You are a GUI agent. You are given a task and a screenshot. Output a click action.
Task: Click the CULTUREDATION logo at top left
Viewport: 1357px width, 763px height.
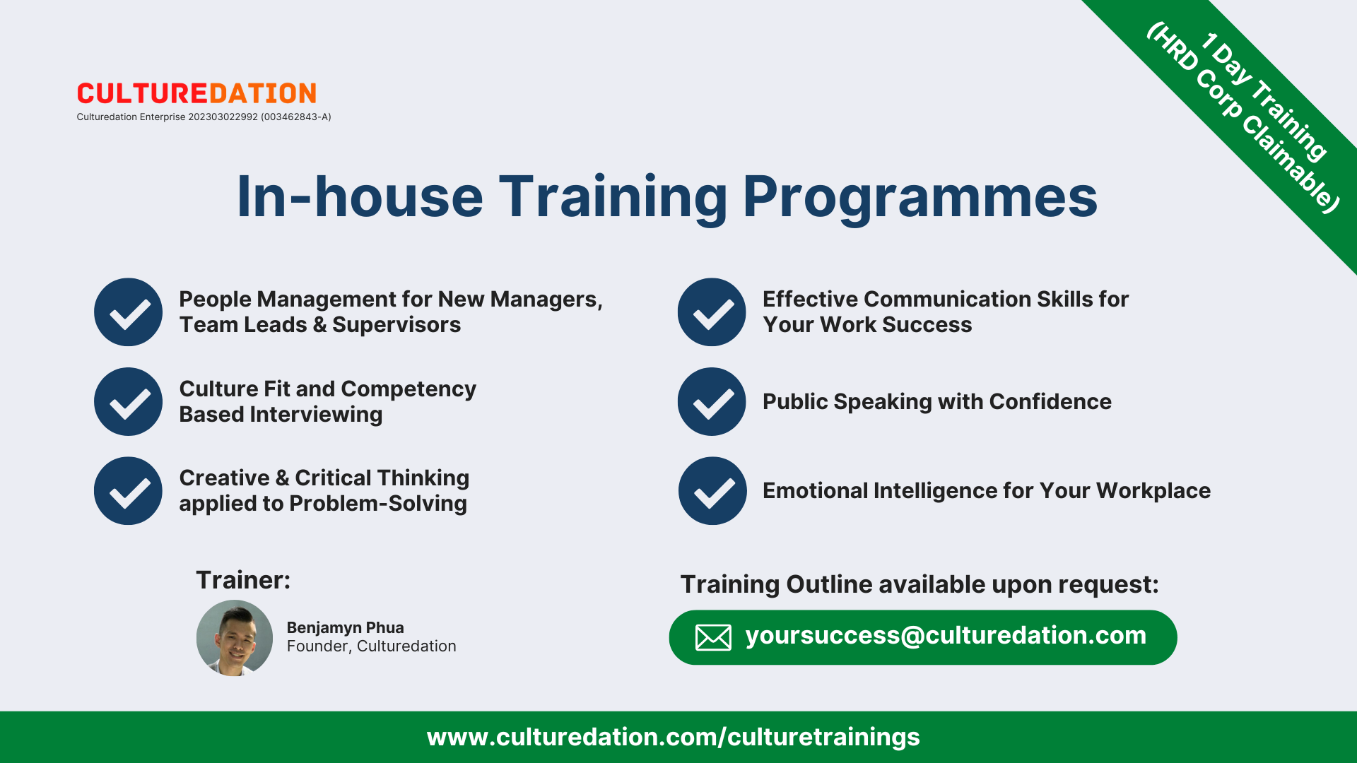[x=196, y=93]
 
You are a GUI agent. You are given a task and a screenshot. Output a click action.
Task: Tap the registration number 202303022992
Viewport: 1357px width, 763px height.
[x=223, y=117]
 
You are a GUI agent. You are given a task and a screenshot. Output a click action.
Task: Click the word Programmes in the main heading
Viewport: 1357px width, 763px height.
[x=920, y=198]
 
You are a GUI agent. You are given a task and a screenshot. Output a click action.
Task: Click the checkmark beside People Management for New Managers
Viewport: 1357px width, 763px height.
[x=129, y=312]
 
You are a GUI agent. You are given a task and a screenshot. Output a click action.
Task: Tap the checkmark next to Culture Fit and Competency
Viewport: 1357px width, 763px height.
[x=129, y=401]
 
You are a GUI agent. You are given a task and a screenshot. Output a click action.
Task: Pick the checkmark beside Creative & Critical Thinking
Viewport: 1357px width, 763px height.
[x=129, y=491]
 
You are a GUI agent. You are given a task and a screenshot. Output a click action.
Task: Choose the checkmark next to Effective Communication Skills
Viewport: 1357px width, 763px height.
[x=712, y=312]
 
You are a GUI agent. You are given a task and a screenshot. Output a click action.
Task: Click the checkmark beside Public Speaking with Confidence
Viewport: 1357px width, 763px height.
[x=712, y=401]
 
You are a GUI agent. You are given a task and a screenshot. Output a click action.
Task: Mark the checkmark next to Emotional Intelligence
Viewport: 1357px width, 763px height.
[x=712, y=491]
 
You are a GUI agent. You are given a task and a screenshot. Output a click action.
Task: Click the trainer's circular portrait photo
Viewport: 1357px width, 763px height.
[x=235, y=638]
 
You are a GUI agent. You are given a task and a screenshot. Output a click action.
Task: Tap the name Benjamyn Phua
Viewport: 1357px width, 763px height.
[x=346, y=627]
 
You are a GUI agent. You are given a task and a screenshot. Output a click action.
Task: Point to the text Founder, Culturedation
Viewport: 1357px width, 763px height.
[x=372, y=646]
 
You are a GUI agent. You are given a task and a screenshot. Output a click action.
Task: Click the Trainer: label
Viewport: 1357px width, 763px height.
[x=243, y=580]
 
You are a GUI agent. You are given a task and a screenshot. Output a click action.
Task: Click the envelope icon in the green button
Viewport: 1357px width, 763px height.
[x=713, y=637]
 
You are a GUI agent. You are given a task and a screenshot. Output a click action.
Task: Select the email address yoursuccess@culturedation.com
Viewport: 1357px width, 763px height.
[x=946, y=635]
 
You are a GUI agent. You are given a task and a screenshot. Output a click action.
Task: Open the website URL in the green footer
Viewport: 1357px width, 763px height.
[x=674, y=737]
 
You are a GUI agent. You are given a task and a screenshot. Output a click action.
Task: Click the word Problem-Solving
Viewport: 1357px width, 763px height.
[x=378, y=503]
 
